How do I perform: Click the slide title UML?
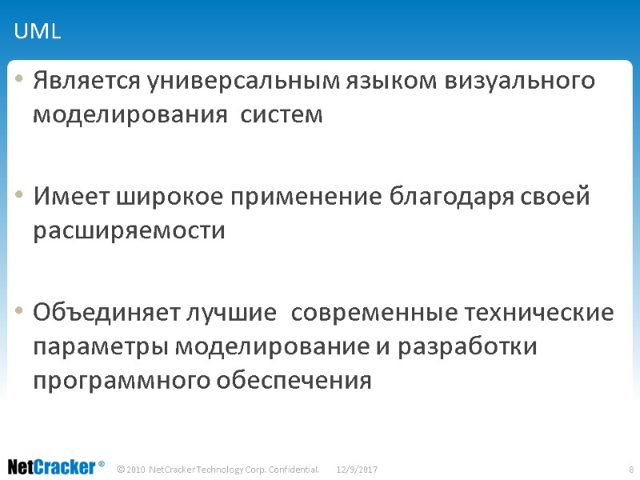click(x=38, y=33)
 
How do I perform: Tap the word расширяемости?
click(x=129, y=231)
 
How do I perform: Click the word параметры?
click(x=101, y=348)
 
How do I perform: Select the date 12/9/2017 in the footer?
click(x=357, y=468)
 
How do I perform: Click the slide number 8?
click(x=631, y=468)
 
